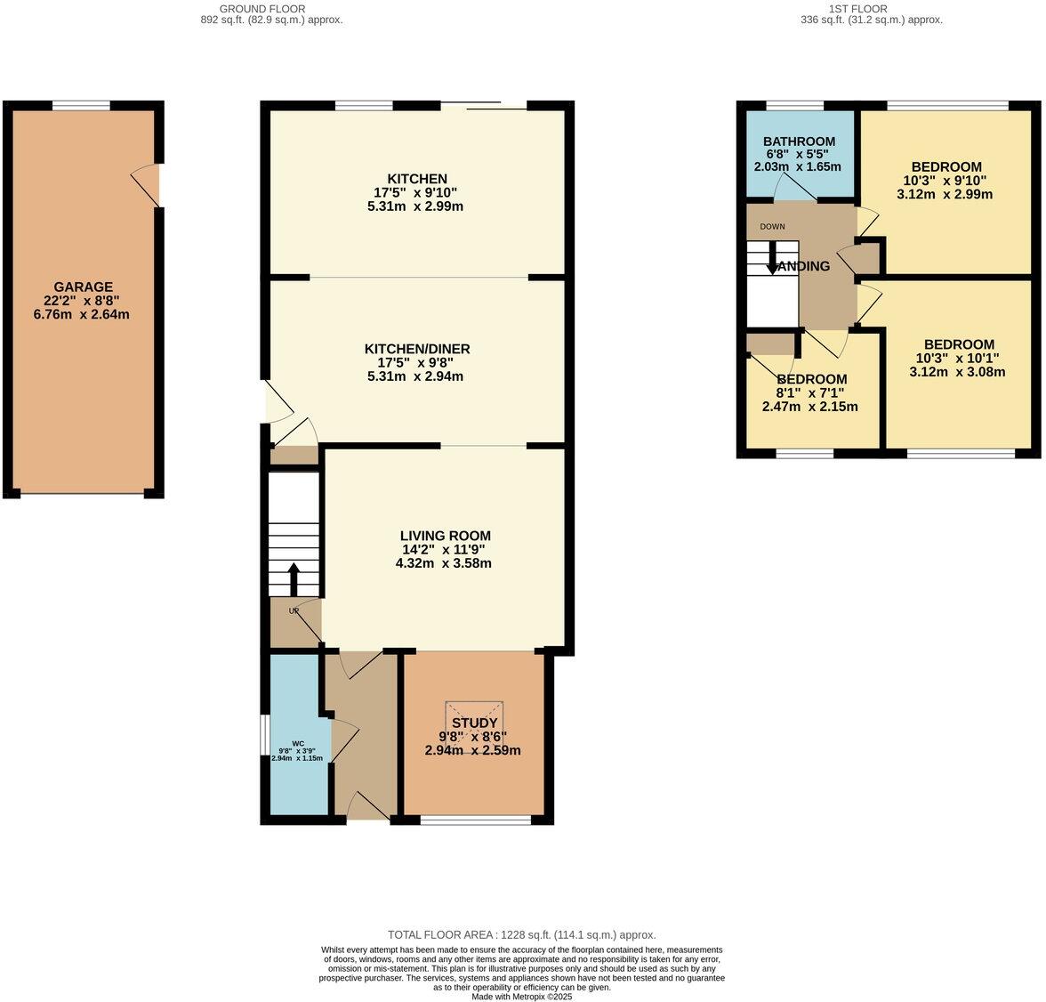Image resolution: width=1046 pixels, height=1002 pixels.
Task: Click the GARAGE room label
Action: (83, 287)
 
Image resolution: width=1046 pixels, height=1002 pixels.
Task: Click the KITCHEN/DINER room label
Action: (416, 349)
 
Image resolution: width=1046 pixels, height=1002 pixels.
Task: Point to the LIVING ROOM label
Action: (445, 536)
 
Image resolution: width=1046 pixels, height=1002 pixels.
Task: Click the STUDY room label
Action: (472, 723)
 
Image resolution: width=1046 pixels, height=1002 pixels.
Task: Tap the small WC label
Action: (297, 743)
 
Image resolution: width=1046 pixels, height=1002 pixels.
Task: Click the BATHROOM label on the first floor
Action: (799, 141)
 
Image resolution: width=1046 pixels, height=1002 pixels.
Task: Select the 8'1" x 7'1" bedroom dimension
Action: (809, 393)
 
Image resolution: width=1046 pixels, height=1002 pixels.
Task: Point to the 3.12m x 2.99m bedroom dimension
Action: (945, 194)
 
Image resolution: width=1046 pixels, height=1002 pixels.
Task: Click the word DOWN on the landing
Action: (772, 226)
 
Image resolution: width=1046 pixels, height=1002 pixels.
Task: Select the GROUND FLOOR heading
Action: (270, 8)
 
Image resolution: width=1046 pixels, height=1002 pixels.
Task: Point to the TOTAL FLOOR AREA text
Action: (521, 934)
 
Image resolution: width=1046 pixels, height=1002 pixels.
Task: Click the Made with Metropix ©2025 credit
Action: (522, 997)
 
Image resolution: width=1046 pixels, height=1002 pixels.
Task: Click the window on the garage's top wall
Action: (81, 106)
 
